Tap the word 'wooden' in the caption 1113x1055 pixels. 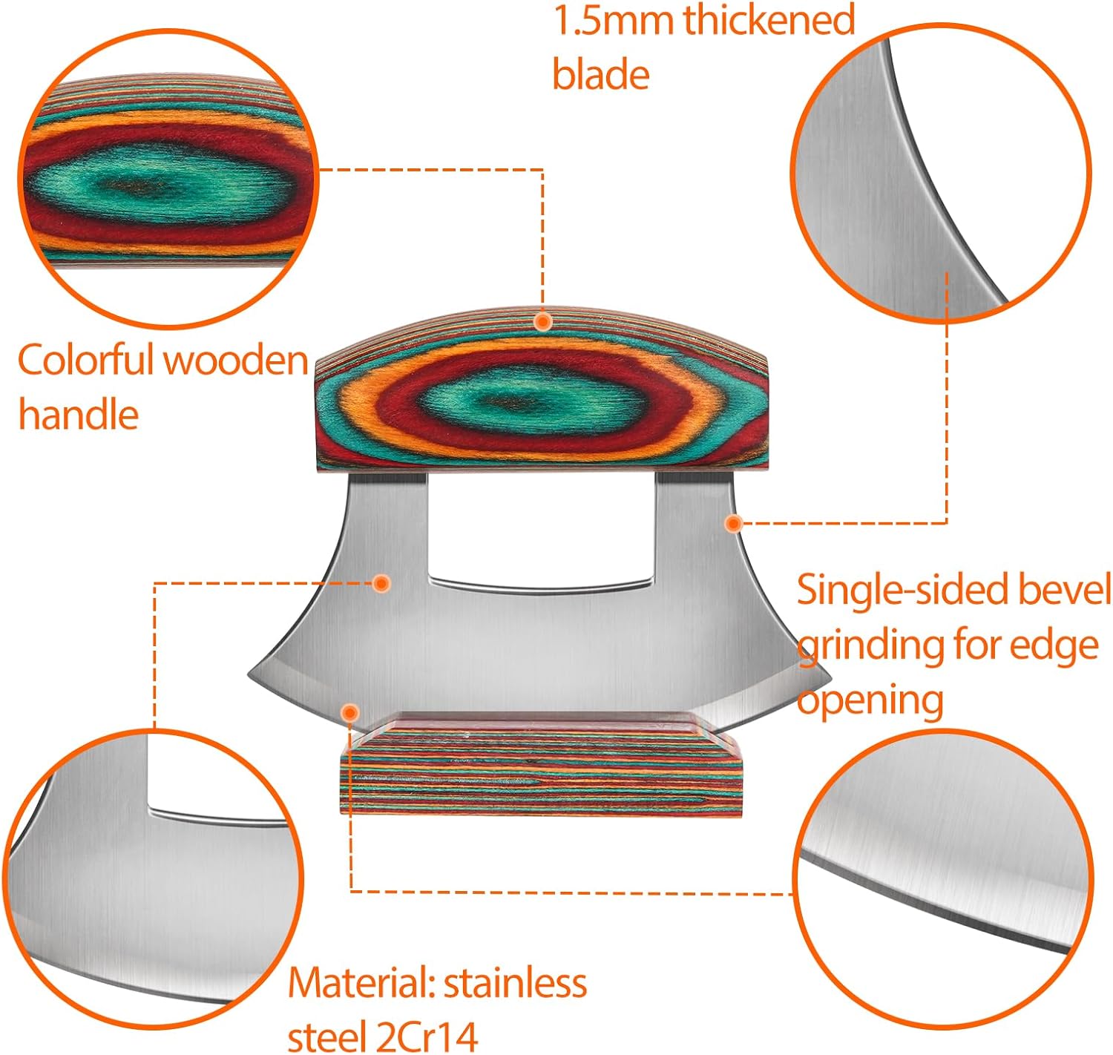pyautogui.click(x=235, y=361)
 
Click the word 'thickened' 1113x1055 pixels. pyautogui.click(x=769, y=20)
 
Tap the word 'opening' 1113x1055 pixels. pyautogui.click(x=870, y=700)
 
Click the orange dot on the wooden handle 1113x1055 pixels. pyautogui.click(x=543, y=321)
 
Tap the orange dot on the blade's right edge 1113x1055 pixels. pyautogui.click(x=733, y=523)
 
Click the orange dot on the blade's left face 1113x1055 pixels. pyautogui.click(x=381, y=583)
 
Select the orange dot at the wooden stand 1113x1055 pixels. pyautogui.click(x=350, y=713)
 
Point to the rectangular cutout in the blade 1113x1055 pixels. pyautogui.click(x=541, y=527)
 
